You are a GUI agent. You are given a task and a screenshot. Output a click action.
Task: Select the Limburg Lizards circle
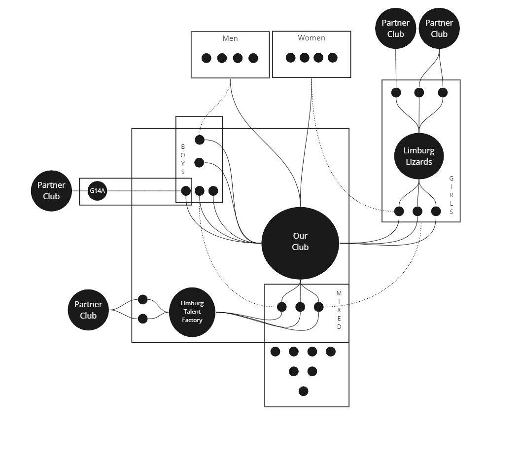(418, 156)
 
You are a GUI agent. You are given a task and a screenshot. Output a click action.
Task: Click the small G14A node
(97, 191)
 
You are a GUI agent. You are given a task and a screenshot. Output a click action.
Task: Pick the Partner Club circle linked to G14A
(51, 191)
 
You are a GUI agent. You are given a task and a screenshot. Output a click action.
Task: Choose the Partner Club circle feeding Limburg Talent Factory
(88, 310)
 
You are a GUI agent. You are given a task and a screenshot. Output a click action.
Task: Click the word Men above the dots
(230, 38)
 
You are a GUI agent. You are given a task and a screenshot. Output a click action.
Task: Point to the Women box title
(311, 38)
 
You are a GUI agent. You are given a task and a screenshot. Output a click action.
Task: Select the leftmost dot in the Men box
(207, 58)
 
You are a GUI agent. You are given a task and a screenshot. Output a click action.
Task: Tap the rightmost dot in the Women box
(333, 58)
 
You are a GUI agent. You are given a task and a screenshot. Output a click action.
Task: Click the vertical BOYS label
(183, 159)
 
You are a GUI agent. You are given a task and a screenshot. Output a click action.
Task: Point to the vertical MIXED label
(339, 310)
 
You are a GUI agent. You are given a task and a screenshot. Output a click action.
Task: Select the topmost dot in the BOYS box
(199, 140)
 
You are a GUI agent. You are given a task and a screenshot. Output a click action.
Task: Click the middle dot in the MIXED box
(300, 307)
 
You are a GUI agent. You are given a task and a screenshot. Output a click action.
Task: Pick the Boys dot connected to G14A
(186, 191)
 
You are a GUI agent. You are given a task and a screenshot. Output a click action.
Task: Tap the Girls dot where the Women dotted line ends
(399, 212)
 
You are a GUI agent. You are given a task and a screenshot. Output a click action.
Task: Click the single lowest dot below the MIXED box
(303, 391)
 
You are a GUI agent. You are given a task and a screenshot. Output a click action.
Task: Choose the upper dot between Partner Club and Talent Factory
(143, 299)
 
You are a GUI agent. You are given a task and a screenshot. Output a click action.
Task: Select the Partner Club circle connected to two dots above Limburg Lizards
(439, 29)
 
